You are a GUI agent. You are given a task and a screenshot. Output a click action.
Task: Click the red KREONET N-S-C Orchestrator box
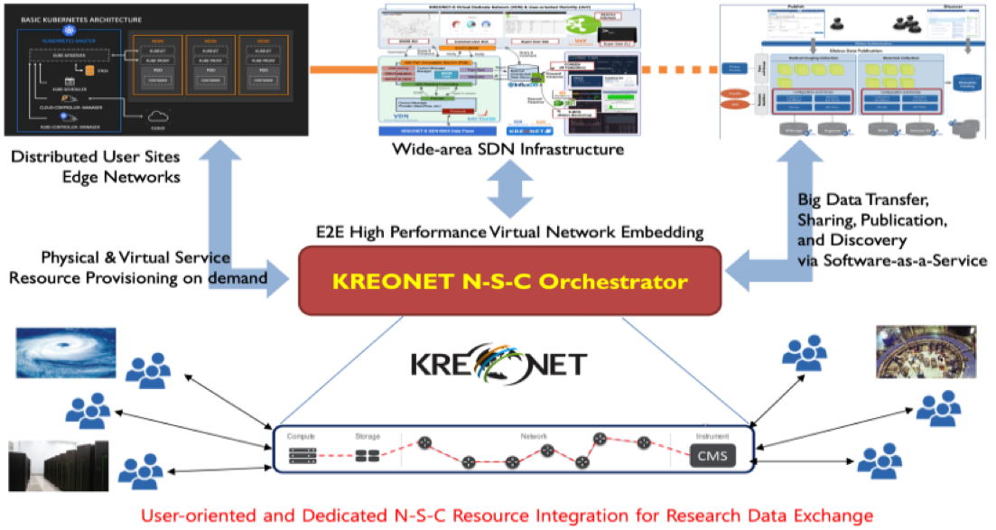pos(509,282)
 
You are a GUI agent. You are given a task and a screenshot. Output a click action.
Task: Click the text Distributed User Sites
pos(96,157)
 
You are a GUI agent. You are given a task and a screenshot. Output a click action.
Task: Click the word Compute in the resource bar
pos(301,437)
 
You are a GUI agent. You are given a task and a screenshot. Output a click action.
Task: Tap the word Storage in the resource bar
pos(368,437)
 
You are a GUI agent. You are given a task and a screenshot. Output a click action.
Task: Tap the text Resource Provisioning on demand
pos(138,278)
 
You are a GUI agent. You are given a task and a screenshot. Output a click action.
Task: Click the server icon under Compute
pos(303,457)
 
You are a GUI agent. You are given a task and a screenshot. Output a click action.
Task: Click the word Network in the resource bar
pos(535,436)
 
